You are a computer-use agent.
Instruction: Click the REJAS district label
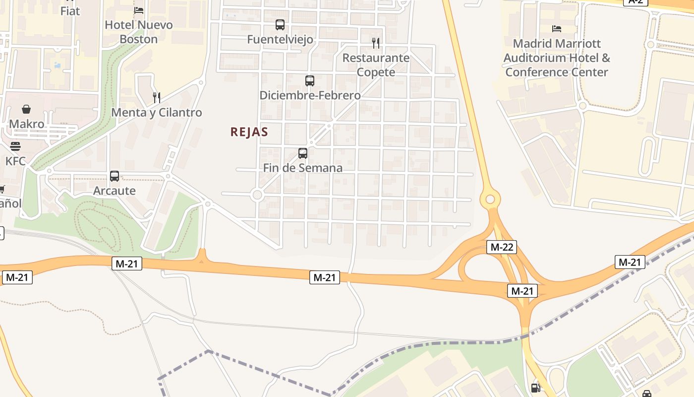249,132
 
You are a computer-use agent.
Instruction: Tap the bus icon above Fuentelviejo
280,25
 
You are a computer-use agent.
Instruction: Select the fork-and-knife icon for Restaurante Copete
376,43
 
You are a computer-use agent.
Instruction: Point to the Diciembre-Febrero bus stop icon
310,80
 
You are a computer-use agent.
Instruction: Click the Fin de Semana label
302,168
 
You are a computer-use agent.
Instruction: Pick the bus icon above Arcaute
115,176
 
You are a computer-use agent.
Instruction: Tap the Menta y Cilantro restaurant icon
157,97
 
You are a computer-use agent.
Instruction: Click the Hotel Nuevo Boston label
139,32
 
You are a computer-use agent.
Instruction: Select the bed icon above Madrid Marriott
557,29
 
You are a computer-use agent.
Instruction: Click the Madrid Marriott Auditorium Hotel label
557,58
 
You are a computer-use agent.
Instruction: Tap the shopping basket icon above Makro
26,109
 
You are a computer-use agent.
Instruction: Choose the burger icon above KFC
15,146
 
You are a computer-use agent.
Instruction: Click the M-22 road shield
502,247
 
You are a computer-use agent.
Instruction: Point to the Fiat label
70,11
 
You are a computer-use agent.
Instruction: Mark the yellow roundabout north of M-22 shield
490,199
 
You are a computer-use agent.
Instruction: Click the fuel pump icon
536,387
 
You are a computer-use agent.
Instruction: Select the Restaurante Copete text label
376,65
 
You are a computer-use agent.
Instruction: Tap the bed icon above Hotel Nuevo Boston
139,10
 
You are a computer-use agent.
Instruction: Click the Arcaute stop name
115,191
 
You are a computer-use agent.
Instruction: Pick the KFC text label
15,161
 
